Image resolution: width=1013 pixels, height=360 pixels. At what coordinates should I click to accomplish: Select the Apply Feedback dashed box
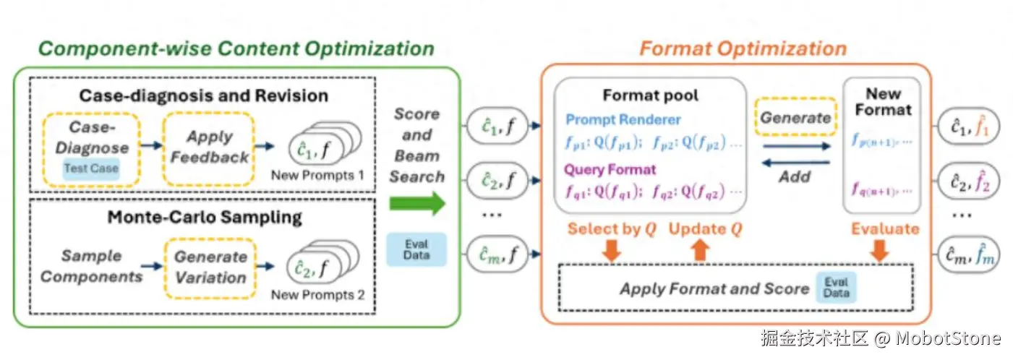pyautogui.click(x=209, y=147)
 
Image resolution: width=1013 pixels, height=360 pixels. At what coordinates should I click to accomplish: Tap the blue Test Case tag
pyautogui.click(x=90, y=168)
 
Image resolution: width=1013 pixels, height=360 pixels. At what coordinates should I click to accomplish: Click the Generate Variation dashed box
pyautogui.click(x=210, y=267)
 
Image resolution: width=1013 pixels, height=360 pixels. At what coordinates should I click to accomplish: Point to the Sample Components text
pyautogui.click(x=91, y=266)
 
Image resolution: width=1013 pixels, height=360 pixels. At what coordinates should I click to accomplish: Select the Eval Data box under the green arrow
pyautogui.click(x=416, y=249)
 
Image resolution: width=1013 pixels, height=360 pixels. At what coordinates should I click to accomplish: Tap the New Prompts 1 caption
pyautogui.click(x=318, y=176)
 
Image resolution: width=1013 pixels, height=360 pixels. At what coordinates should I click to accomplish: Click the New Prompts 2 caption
pyautogui.click(x=318, y=295)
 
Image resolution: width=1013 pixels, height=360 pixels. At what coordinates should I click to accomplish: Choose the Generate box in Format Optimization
pyautogui.click(x=795, y=118)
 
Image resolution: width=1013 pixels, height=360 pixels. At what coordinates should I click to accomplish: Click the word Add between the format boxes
pyautogui.click(x=795, y=176)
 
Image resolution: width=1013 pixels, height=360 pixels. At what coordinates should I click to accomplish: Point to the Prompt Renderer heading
pyautogui.click(x=623, y=120)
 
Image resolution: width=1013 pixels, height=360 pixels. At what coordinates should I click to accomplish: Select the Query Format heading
pyautogui.click(x=610, y=170)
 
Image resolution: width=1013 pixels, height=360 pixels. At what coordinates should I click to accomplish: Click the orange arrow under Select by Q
pyautogui.click(x=612, y=249)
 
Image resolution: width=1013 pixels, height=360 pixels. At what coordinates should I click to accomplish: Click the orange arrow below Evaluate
pyautogui.click(x=880, y=249)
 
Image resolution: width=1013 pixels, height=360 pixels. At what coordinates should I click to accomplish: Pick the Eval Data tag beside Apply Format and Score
pyautogui.click(x=836, y=287)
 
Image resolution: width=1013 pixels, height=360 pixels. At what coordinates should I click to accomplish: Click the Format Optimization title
pyautogui.click(x=743, y=49)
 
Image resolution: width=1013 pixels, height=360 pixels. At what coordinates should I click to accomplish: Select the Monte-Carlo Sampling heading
pyautogui.click(x=205, y=217)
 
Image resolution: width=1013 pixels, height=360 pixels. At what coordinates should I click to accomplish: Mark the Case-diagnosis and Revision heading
pyautogui.click(x=203, y=95)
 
